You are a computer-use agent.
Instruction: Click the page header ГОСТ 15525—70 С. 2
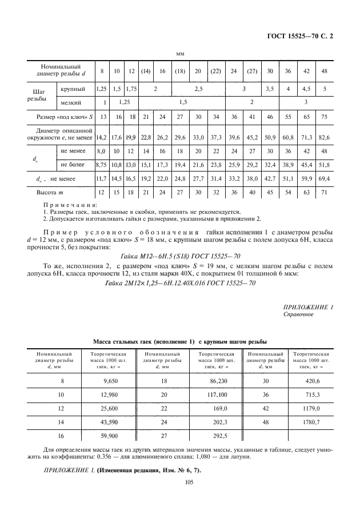click(301, 36)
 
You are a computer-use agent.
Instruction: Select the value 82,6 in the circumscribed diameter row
click(324, 137)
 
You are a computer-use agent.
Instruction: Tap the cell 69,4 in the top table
click(324, 179)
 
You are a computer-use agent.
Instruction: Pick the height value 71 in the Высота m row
click(324, 193)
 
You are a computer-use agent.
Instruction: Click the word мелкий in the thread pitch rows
click(71, 103)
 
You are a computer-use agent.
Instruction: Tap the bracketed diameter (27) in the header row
click(251, 71)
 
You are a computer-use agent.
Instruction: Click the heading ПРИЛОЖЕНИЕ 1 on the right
click(308, 307)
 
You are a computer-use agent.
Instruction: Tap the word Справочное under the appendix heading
click(298, 314)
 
